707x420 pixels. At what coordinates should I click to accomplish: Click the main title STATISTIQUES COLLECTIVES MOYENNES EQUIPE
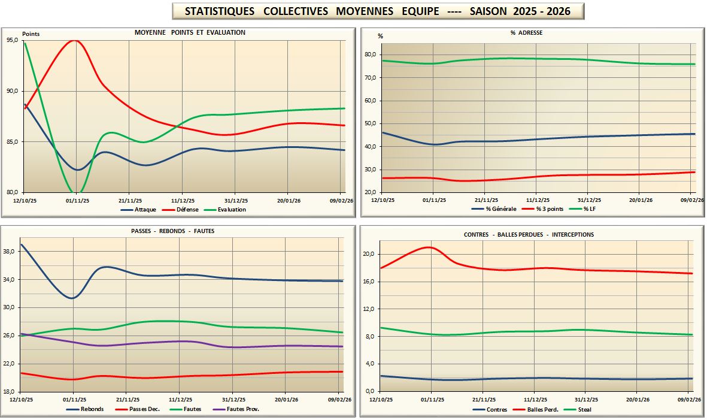pyautogui.click(x=377, y=11)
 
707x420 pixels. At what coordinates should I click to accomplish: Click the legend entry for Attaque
pyautogui.click(x=144, y=210)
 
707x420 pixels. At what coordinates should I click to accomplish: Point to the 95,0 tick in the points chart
pyautogui.click(x=12, y=40)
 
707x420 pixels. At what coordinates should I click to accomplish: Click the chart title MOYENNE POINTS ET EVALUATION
pyautogui.click(x=190, y=32)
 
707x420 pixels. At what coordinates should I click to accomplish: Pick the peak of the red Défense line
pyautogui.click(x=74, y=41)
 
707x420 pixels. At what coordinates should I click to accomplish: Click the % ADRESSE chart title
pyautogui.click(x=526, y=32)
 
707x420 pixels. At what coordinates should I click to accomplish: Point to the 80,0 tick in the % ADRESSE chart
pyautogui.click(x=371, y=55)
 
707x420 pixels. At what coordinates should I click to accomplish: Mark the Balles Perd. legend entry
pyautogui.click(x=543, y=410)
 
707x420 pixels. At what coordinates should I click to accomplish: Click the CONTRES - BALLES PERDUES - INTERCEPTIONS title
pyautogui.click(x=529, y=234)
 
